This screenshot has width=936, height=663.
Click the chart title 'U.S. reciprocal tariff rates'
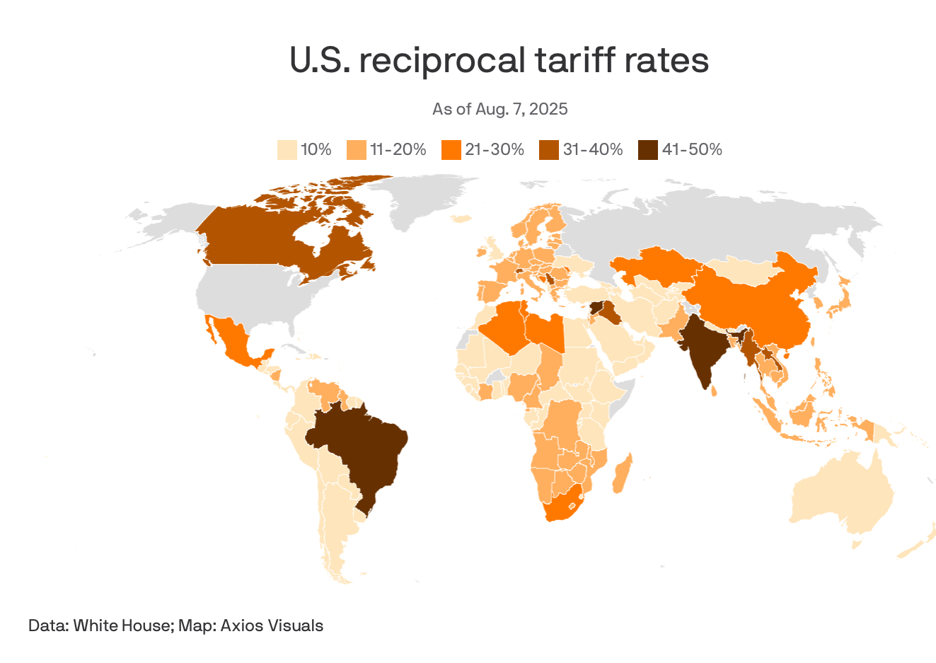click(499, 60)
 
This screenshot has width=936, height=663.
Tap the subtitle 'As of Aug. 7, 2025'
click(499, 109)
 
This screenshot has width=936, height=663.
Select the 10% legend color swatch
click(287, 150)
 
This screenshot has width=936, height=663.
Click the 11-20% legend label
click(398, 150)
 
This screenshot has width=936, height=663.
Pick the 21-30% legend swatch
click(451, 150)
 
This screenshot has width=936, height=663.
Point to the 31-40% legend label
click(593, 150)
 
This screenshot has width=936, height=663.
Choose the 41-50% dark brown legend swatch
click(647, 150)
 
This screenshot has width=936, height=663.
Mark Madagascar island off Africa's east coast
click(621, 475)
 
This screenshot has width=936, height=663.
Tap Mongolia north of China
click(739, 270)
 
